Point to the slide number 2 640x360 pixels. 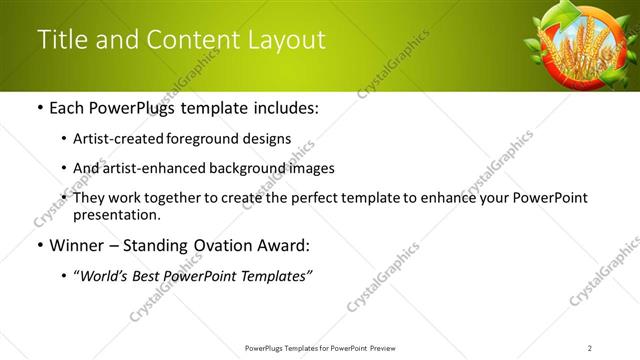pos(590,347)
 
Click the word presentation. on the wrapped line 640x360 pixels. pos(116,214)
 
